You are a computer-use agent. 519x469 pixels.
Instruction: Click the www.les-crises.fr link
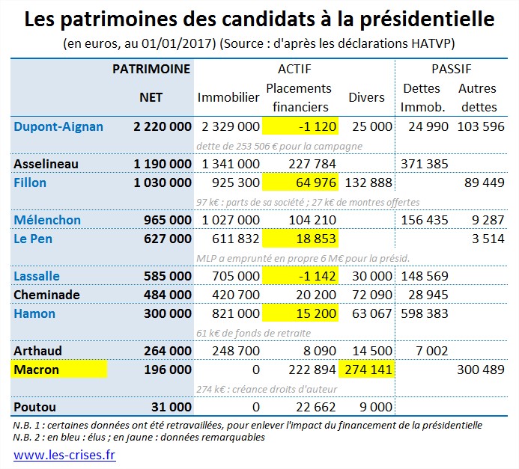(x=64, y=453)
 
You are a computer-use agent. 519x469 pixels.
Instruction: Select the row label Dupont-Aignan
(x=58, y=126)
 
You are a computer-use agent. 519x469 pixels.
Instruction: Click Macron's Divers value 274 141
(x=367, y=370)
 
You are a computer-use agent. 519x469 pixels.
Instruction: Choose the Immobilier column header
(x=228, y=97)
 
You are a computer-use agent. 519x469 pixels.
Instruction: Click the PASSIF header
(x=452, y=69)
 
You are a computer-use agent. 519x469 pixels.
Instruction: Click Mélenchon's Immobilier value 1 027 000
(x=231, y=220)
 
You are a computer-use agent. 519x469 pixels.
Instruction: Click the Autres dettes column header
(x=479, y=97)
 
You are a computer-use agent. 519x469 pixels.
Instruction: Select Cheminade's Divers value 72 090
(x=367, y=295)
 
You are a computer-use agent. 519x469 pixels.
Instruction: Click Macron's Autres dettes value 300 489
(x=481, y=370)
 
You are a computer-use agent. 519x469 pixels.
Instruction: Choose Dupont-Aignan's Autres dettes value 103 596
(x=481, y=126)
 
